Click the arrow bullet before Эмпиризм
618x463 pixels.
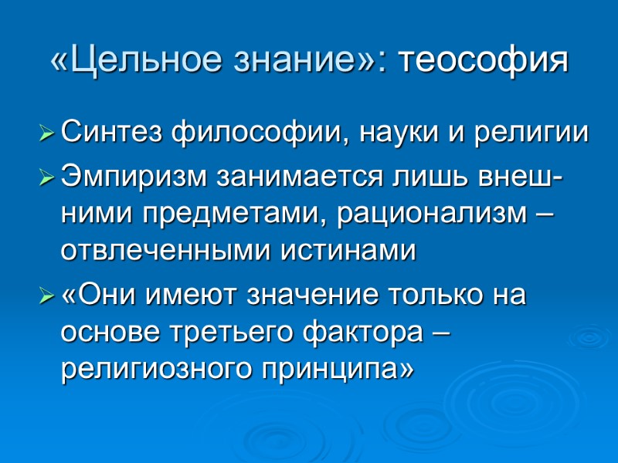point(47,177)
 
